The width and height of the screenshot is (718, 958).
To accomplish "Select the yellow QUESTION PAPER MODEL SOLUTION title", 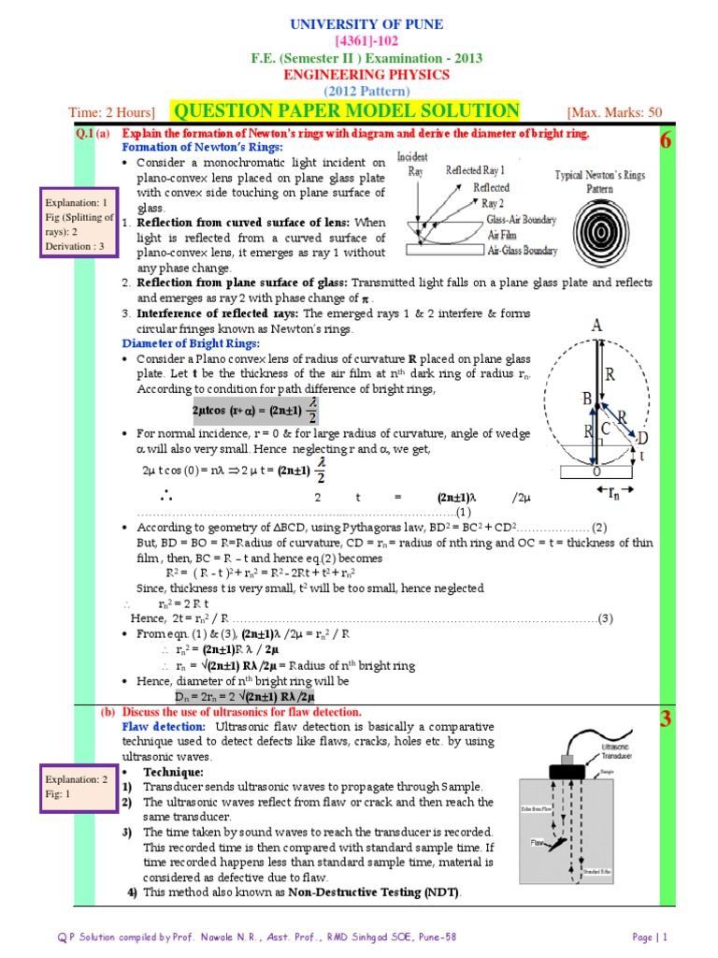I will pyautogui.click(x=345, y=111).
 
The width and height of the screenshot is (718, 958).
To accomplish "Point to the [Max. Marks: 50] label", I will pyautogui.click(x=614, y=112).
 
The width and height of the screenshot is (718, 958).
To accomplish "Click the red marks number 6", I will pyautogui.click(x=666, y=141).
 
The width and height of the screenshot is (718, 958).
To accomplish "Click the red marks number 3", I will pyautogui.click(x=666, y=719).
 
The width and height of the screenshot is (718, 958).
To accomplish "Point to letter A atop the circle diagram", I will pyautogui.click(x=596, y=327).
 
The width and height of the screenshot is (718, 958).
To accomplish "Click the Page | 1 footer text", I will pyautogui.click(x=653, y=936).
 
